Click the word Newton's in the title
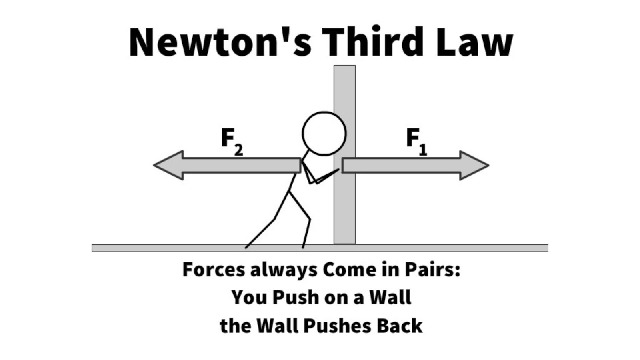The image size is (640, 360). pyautogui.click(x=220, y=42)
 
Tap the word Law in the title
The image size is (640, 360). pyautogui.click(x=474, y=42)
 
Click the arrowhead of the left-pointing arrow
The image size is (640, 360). pyautogui.click(x=168, y=165)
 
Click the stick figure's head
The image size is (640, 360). pyautogui.click(x=324, y=134)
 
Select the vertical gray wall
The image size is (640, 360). pyautogui.click(x=344, y=154)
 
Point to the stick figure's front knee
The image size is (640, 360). pyautogui.click(x=310, y=220)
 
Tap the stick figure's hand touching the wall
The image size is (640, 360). pyautogui.click(x=338, y=170)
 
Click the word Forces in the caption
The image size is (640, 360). pyautogui.click(x=214, y=270)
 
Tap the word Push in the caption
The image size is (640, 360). pyautogui.click(x=296, y=298)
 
